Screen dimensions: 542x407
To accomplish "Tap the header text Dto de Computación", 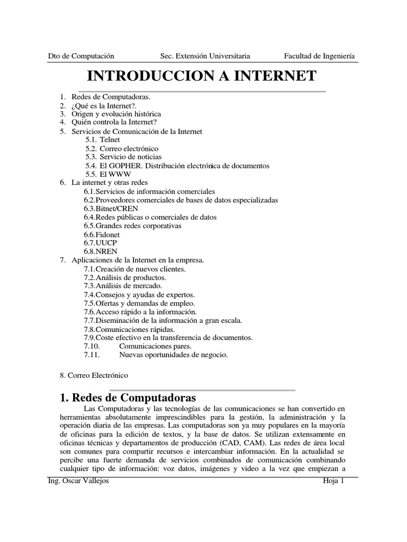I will click(x=81, y=56).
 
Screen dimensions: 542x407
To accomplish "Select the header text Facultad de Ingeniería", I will click(x=320, y=56).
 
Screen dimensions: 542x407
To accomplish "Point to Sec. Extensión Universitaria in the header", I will click(x=205, y=56).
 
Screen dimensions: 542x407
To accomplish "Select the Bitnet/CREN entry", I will click(x=113, y=209).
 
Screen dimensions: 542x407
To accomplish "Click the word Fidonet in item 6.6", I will click(x=108, y=234).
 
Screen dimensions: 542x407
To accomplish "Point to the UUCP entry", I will click(x=107, y=243).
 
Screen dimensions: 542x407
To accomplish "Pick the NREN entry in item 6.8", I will click(x=107, y=251).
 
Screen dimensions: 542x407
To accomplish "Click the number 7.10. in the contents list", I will click(x=92, y=346).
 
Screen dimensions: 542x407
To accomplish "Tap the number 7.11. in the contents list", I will click(x=92, y=355).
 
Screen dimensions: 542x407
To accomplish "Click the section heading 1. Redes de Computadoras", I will click(x=128, y=398).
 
